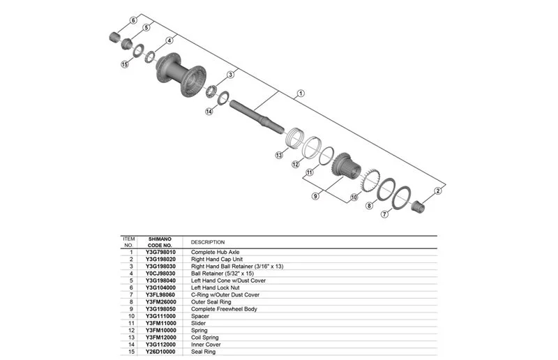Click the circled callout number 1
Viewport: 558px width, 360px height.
301,93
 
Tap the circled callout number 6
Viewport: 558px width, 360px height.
133,20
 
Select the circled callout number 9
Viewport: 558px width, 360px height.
315,196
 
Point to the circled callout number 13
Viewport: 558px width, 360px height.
279,155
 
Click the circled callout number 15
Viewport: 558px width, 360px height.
125,64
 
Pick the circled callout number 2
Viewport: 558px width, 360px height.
438,191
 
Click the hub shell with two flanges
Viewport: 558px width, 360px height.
181,75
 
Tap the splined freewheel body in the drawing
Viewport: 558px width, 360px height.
347,167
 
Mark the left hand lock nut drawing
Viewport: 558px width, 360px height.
114,37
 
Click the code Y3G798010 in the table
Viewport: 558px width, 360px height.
160,252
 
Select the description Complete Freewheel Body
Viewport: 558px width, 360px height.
224,309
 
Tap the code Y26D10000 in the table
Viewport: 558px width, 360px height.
160,352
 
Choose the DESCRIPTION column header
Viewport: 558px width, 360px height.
208,242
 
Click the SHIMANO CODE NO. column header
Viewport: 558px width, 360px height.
160,242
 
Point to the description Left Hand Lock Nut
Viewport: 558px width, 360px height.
216,287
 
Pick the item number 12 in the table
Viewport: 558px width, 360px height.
131,331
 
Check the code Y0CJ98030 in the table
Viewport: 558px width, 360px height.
160,273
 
